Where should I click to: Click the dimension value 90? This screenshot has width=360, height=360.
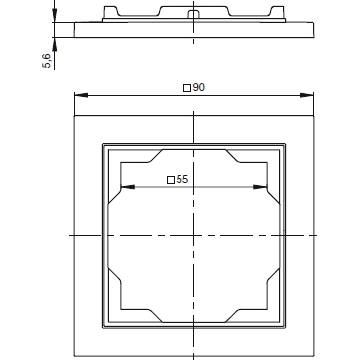point(198,88)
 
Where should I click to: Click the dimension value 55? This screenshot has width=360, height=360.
point(182,179)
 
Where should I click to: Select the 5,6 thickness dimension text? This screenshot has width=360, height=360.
point(47,61)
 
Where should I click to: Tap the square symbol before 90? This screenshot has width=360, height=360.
point(187,88)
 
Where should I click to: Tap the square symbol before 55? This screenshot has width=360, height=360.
point(171,180)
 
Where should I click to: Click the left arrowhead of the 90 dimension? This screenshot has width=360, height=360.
point(81,95)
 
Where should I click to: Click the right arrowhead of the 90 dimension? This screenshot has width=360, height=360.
point(307,95)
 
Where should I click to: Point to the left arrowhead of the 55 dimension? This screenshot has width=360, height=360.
point(128,187)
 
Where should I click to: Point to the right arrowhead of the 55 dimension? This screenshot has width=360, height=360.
point(260,187)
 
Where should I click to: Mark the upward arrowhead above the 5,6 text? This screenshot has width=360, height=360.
point(55,44)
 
